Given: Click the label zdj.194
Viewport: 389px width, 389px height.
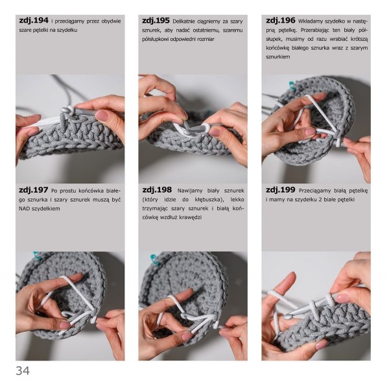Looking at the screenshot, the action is [x=34, y=20].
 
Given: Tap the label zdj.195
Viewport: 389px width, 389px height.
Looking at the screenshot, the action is [x=156, y=20].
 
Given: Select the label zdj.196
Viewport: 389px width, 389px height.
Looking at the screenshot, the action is [x=280, y=20].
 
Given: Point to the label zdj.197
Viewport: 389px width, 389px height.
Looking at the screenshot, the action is [x=34, y=190].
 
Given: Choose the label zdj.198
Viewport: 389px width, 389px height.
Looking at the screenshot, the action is [x=157, y=190].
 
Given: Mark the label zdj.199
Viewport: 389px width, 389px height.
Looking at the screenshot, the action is [x=280, y=190].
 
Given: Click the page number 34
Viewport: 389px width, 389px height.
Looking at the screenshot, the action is [x=23, y=371].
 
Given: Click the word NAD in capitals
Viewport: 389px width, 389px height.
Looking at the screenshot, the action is [x=25, y=209].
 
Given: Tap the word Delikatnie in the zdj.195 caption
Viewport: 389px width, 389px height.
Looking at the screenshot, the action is [x=184, y=21].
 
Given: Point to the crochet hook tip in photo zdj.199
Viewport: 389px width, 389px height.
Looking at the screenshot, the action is [x=287, y=317].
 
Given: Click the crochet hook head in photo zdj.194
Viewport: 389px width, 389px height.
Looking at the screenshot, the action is [x=65, y=109].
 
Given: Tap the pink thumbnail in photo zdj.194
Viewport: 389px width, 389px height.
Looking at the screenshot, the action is [x=101, y=115].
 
